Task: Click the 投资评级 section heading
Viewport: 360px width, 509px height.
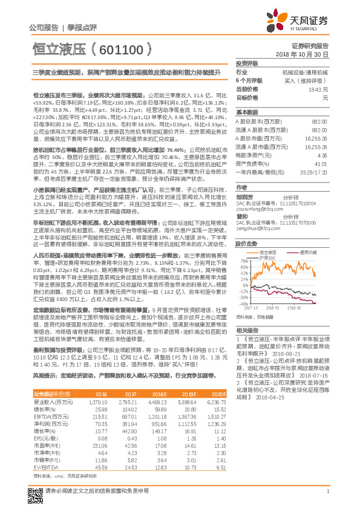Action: coord(247,62)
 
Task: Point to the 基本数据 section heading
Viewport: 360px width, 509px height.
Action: coord(247,112)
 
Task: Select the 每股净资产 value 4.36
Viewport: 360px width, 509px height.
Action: coord(322,155)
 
